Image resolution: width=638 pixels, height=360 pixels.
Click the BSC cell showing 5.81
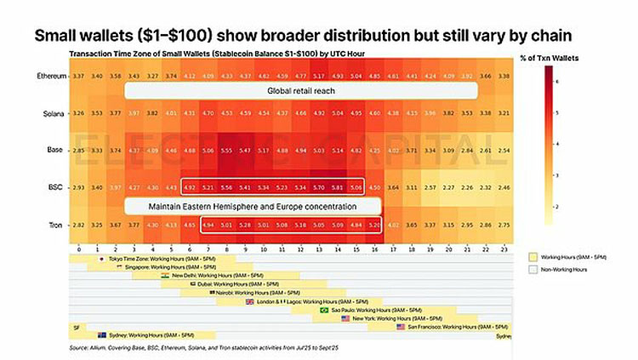[339, 186]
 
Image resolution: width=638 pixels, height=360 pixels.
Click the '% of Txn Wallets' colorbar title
[564, 56]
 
